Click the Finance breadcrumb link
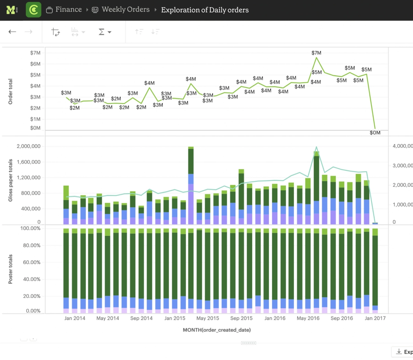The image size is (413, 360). tap(68, 10)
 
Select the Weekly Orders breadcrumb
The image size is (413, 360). tap(125, 10)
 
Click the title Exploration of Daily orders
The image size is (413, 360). tap(205, 10)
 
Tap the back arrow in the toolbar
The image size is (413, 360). tap(12, 32)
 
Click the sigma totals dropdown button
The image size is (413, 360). tap(105, 32)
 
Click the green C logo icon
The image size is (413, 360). tap(33, 10)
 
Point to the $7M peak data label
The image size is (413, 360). tap(316, 53)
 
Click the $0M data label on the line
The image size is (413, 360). tap(375, 133)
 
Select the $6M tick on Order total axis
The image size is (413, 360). tap(35, 64)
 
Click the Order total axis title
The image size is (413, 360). tap(10, 92)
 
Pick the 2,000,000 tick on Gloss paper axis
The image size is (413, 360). tap(29, 146)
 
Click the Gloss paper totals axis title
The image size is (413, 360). tap(10, 180)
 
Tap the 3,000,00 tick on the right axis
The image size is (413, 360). tap(402, 166)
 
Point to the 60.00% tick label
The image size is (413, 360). tap(32, 262)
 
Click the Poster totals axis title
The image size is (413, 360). tap(10, 269)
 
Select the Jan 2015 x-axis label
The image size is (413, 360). tap(175, 318)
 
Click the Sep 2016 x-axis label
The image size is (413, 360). tap(342, 318)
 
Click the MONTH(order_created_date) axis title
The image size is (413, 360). tap(216, 330)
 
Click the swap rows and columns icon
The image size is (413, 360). tap(55, 32)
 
